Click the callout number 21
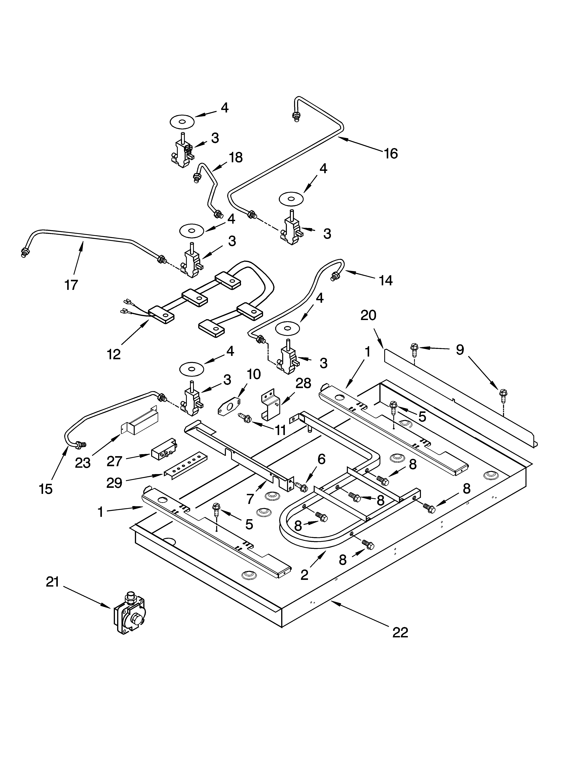[53, 582]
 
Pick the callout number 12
[114, 354]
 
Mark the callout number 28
[303, 383]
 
